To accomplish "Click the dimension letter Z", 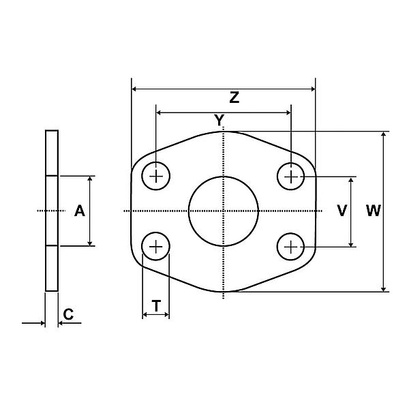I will point(234,98).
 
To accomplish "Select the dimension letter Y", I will point(219,121).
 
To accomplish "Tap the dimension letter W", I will point(373,211).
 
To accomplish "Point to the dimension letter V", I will point(342,211).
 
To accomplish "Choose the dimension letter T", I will point(156,307).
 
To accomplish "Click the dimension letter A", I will point(80,211).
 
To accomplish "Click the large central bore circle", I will point(224,211).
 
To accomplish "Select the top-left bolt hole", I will point(157,177).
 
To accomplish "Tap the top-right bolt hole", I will point(291,177).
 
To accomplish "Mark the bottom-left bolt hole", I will point(157,245).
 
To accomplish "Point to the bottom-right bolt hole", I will point(291,245).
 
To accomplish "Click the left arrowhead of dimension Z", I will point(134,89).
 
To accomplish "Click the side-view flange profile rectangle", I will point(52,211).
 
